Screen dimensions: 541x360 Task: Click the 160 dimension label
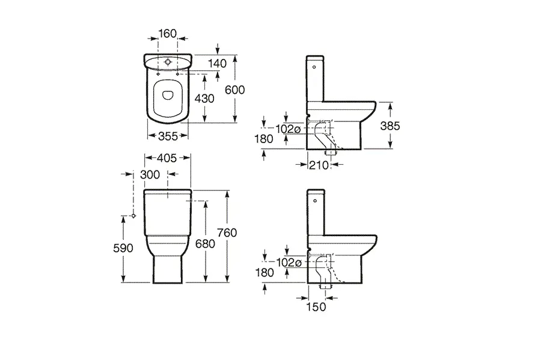pyautogui.click(x=167, y=34)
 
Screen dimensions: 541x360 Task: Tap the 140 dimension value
pyautogui.click(x=218, y=63)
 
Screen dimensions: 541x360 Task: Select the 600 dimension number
pyautogui.click(x=234, y=90)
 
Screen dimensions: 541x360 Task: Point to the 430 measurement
pyautogui.click(x=204, y=99)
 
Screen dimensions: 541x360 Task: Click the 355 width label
pyautogui.click(x=168, y=136)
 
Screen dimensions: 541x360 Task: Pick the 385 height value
pyautogui.click(x=390, y=126)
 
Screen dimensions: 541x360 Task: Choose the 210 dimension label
pyautogui.click(x=319, y=165)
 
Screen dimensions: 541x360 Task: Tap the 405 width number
pyautogui.click(x=167, y=158)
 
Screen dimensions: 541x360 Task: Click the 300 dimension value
pyautogui.click(x=150, y=174)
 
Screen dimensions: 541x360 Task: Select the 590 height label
pyautogui.click(x=123, y=248)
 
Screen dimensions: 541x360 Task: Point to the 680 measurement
pyautogui.click(x=206, y=244)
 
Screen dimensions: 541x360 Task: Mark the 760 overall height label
pyautogui.click(x=227, y=233)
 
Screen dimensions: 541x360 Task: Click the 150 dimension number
pyautogui.click(x=316, y=307)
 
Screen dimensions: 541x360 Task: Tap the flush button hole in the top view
pyautogui.click(x=168, y=63)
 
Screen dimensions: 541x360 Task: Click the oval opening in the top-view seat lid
pyautogui.click(x=167, y=95)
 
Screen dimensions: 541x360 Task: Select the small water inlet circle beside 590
pyautogui.click(x=133, y=216)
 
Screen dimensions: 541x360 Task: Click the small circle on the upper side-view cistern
pyautogui.click(x=314, y=67)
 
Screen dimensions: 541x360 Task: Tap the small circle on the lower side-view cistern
pyautogui.click(x=314, y=201)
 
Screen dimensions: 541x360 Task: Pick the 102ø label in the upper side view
pyautogui.click(x=288, y=129)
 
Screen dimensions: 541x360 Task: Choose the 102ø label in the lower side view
pyautogui.click(x=289, y=263)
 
